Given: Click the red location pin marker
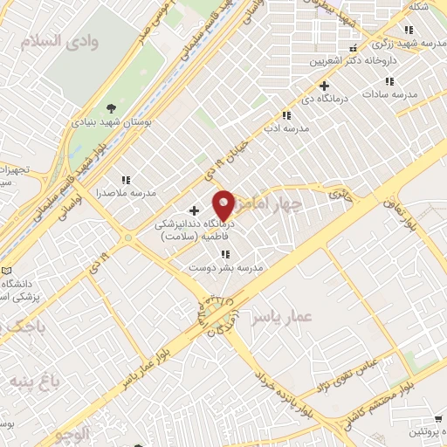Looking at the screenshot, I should point(223,206).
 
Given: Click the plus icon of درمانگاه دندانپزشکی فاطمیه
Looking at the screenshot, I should point(194,210).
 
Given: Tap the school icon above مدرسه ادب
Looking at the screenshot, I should point(286,115).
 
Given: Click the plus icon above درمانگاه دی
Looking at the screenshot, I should point(324,86).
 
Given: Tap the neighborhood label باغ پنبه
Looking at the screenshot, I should point(35,382).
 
